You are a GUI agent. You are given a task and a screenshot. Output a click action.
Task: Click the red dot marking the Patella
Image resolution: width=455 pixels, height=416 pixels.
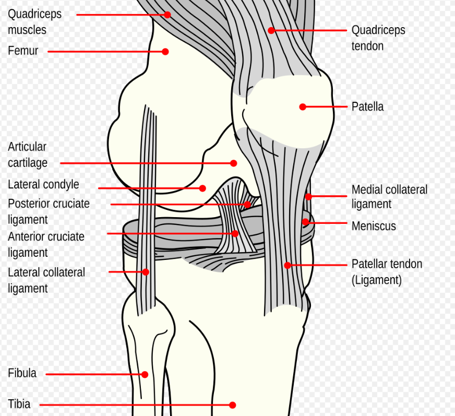pyautogui.click(x=303, y=107)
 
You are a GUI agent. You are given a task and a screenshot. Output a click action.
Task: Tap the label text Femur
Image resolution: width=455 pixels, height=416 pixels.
pyautogui.click(x=23, y=51)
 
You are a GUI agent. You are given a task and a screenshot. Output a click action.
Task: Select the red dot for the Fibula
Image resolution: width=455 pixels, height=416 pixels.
pyautogui.click(x=145, y=374)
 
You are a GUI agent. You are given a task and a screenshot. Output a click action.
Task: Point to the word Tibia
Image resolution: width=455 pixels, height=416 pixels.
pyautogui.click(x=19, y=404)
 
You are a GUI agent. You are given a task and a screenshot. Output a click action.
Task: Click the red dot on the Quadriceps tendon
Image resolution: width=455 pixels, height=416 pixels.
pyautogui.click(x=271, y=30)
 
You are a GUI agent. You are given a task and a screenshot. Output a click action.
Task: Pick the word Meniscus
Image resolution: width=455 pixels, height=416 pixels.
pyautogui.click(x=374, y=226)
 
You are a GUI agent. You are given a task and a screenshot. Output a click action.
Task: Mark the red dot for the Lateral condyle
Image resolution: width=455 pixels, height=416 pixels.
pyautogui.click(x=202, y=188)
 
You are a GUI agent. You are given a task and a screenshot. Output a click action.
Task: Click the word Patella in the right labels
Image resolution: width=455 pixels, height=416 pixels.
pyautogui.click(x=368, y=106)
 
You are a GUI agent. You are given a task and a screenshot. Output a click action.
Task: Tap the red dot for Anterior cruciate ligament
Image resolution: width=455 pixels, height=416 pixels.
pyautogui.click(x=235, y=233)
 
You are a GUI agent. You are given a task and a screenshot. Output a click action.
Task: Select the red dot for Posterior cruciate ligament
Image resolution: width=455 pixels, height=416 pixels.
pyautogui.click(x=247, y=205)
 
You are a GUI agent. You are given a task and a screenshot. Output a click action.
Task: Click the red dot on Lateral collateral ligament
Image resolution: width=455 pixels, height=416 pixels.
pyautogui.click(x=146, y=272)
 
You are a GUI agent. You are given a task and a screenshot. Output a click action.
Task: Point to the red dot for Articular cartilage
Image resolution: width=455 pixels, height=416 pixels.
pyautogui.click(x=234, y=163)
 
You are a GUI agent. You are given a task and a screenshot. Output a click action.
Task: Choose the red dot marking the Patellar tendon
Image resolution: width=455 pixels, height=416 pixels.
pyautogui.click(x=288, y=265)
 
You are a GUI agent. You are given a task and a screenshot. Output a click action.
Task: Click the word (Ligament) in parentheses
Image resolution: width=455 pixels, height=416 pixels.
pyautogui.click(x=377, y=280)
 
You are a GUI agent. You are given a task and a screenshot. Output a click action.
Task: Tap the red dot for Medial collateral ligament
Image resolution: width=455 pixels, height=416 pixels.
pyautogui.click(x=308, y=197)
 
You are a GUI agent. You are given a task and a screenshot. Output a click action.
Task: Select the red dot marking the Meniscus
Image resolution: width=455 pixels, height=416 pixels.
pyautogui.click(x=305, y=222)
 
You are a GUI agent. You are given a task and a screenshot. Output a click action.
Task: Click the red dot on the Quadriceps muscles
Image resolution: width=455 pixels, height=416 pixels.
pyautogui.click(x=167, y=15)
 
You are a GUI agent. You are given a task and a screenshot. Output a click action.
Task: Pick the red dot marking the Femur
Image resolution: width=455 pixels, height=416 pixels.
pyautogui.click(x=165, y=52)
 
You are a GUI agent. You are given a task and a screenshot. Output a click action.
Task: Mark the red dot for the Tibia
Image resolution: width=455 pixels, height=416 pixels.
pyautogui.click(x=232, y=405)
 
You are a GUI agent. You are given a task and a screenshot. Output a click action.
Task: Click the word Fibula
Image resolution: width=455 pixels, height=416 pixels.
pyautogui.click(x=22, y=373)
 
